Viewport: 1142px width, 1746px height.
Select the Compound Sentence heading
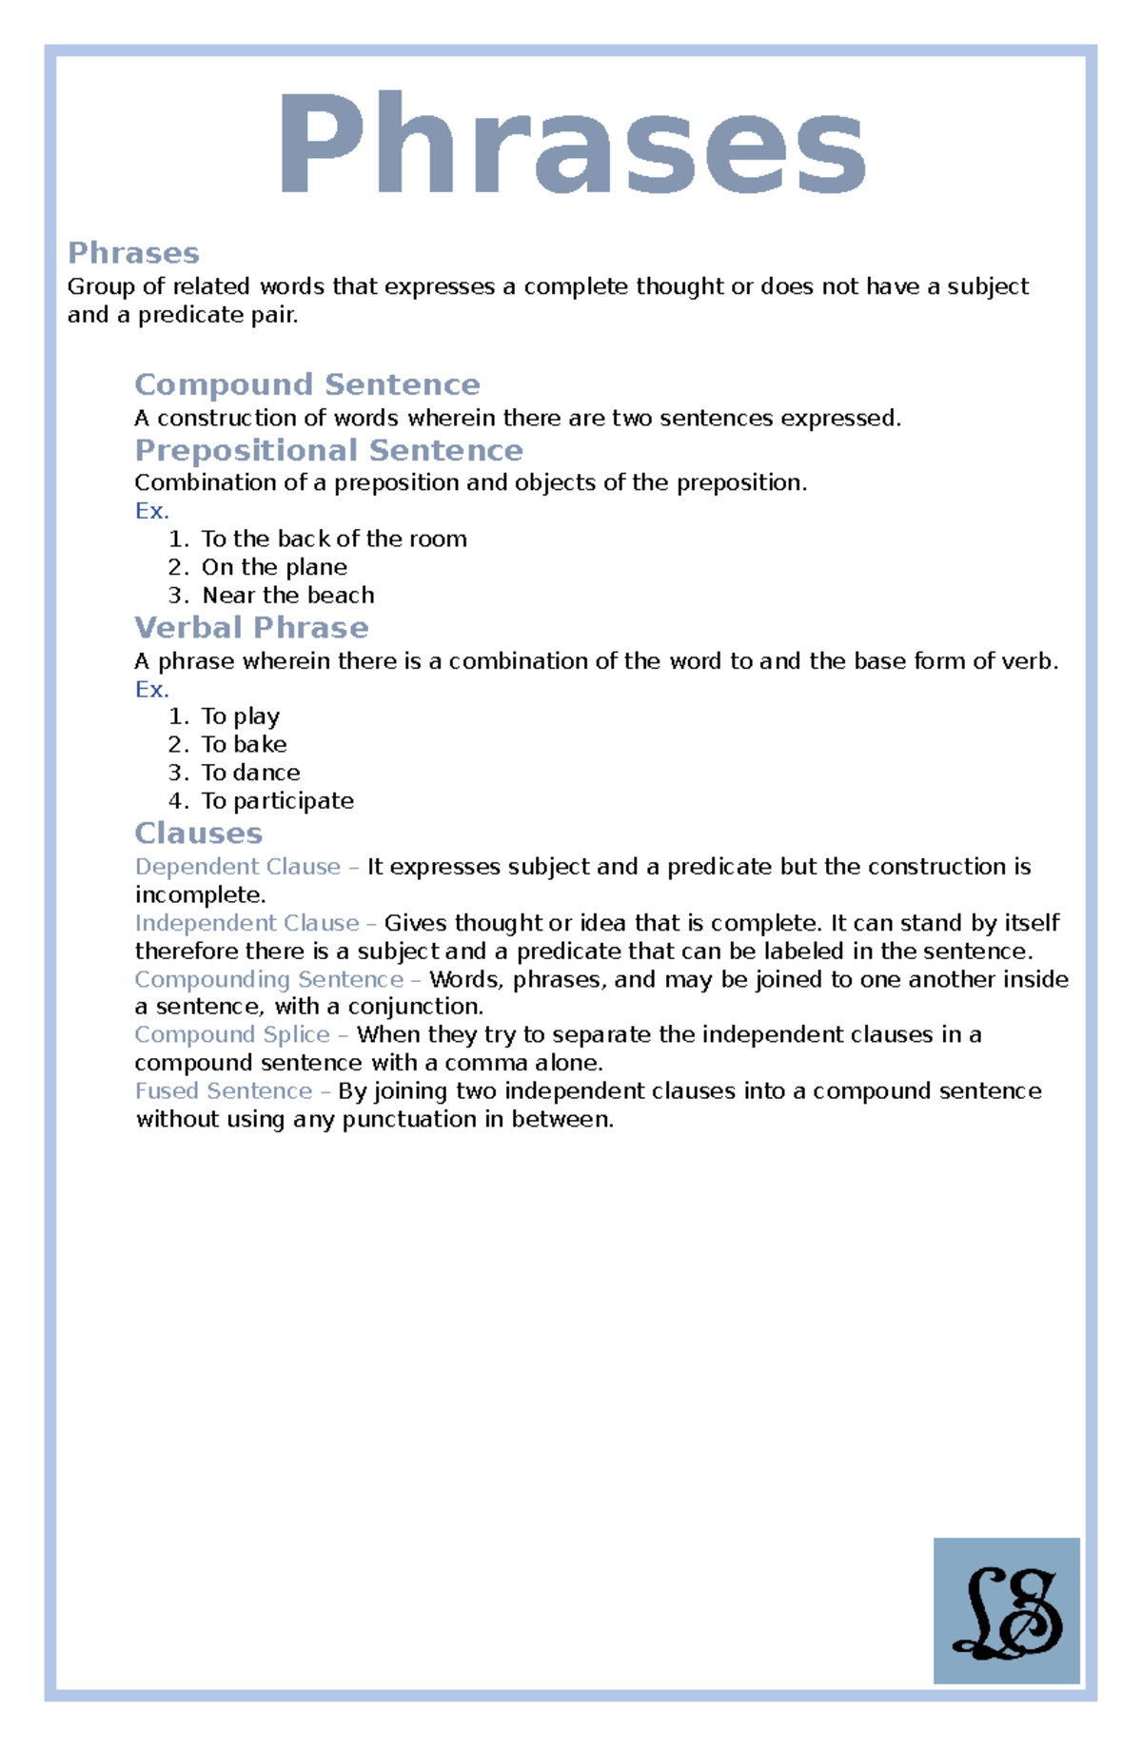click(306, 384)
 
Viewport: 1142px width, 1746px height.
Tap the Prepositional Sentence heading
click(328, 450)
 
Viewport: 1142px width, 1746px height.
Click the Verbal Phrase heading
click(251, 628)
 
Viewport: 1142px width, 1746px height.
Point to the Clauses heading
click(198, 834)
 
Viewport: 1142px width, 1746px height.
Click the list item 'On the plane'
click(274, 567)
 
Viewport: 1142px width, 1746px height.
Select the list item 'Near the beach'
click(287, 596)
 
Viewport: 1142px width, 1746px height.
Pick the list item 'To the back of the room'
click(334, 539)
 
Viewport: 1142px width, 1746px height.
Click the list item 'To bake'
click(244, 744)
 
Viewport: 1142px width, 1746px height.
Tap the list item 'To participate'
click(277, 801)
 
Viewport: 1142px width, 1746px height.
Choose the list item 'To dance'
click(250, 773)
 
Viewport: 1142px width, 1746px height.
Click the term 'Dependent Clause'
click(238, 867)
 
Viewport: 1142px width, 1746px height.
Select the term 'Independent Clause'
click(247, 923)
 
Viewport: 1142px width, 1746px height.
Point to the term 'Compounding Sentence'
click(269, 979)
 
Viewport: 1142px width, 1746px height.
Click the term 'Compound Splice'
click(232, 1035)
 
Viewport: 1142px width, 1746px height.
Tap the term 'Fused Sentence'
click(224, 1091)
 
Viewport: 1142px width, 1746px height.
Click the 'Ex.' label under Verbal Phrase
click(151, 689)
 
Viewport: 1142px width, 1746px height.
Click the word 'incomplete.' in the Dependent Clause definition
click(200, 895)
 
